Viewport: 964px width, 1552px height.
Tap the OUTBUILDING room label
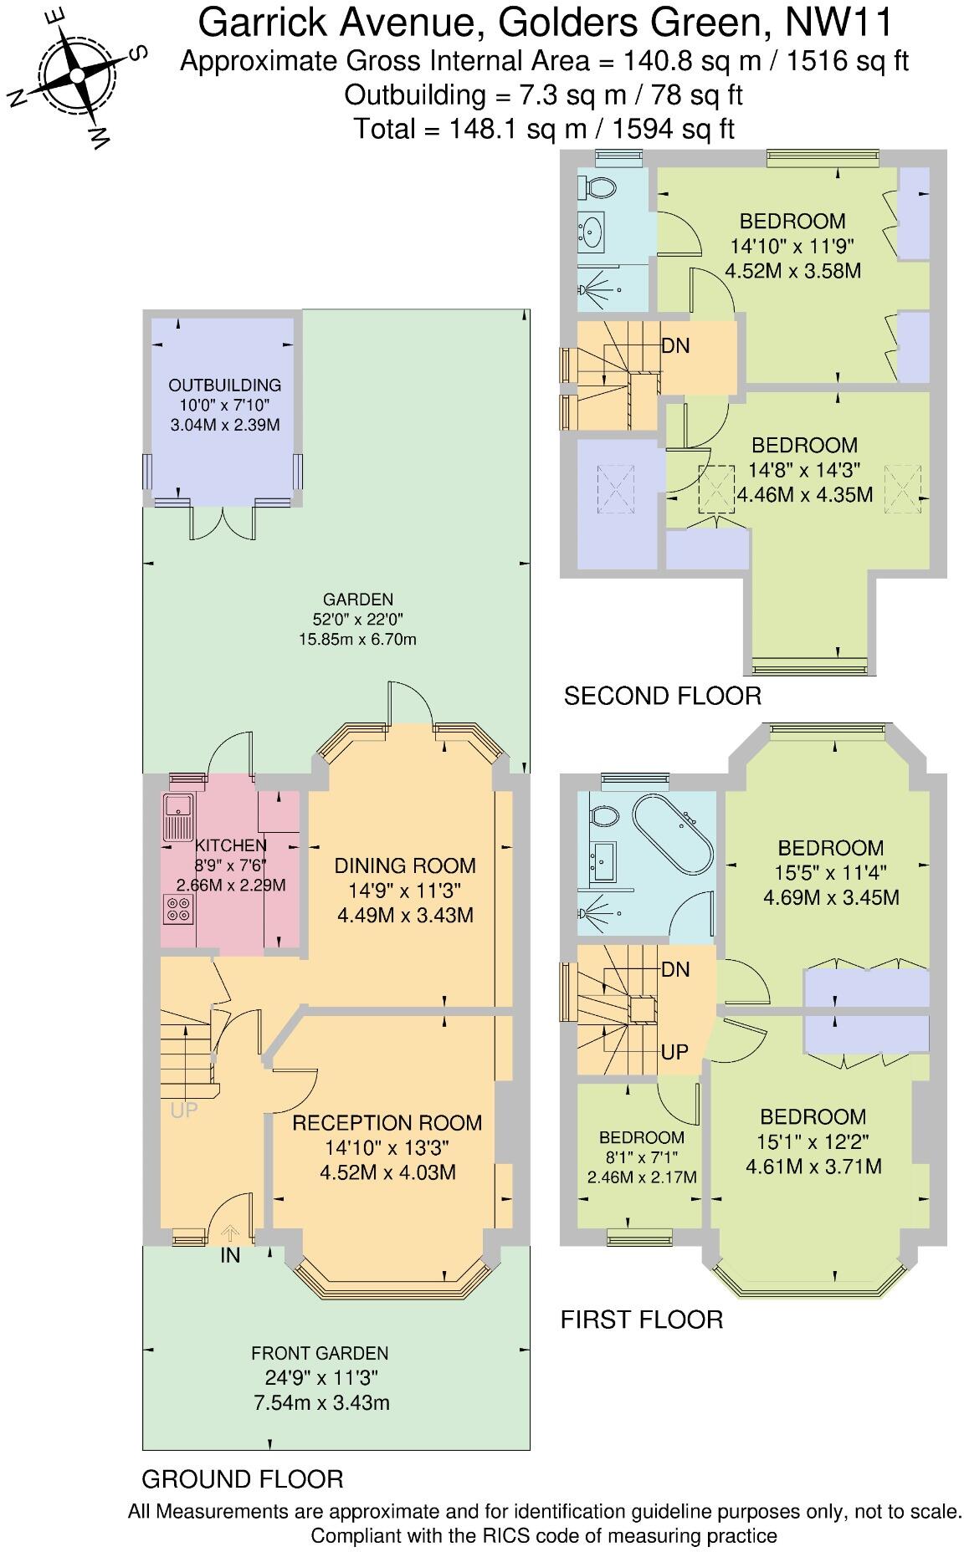point(224,385)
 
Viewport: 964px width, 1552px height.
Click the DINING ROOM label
point(405,865)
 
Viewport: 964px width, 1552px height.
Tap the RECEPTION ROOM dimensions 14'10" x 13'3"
point(387,1147)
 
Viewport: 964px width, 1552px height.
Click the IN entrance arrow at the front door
point(230,1233)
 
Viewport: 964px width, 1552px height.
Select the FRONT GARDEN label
point(320,1353)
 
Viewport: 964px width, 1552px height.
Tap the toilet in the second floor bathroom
point(598,187)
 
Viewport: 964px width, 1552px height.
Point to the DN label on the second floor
point(675,345)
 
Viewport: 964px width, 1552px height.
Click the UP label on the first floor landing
point(674,1051)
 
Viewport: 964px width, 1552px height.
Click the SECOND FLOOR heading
point(662,696)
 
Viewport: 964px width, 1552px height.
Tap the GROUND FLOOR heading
point(243,1478)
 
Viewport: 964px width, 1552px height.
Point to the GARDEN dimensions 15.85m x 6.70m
point(357,640)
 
